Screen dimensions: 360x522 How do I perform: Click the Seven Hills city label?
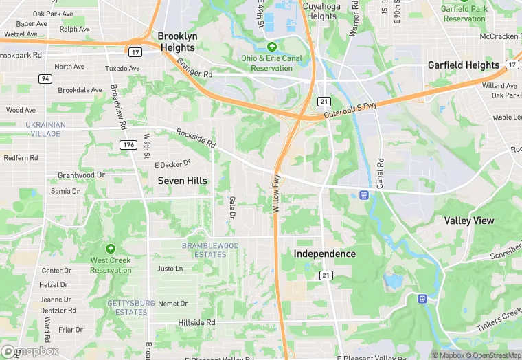pos(183,181)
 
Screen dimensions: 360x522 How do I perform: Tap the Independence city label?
pos(325,254)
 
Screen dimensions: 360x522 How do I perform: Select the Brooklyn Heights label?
pos(177,42)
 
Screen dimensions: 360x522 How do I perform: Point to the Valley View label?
pos(469,221)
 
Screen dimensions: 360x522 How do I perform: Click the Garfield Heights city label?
pos(464,65)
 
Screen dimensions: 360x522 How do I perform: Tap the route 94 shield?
pos(45,78)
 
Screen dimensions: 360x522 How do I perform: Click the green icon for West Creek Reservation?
pos(111,248)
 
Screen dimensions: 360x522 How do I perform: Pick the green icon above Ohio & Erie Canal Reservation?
pos(272,47)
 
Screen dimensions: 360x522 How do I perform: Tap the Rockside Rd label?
pos(196,138)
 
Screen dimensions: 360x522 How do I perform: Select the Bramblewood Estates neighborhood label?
pos(210,250)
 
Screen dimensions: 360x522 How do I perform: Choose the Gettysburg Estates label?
pos(127,307)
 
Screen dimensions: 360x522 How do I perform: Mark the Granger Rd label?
pos(194,67)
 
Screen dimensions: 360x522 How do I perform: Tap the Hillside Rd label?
pos(196,322)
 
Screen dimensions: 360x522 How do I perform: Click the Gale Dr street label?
pos(231,205)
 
